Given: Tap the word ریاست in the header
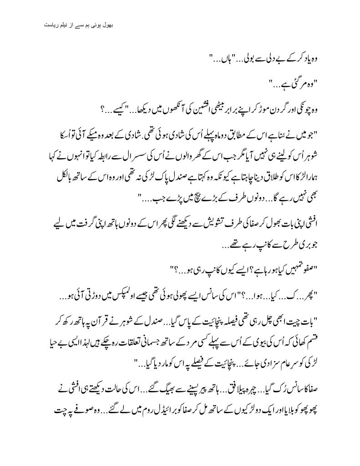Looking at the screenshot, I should tap(47, 24).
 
